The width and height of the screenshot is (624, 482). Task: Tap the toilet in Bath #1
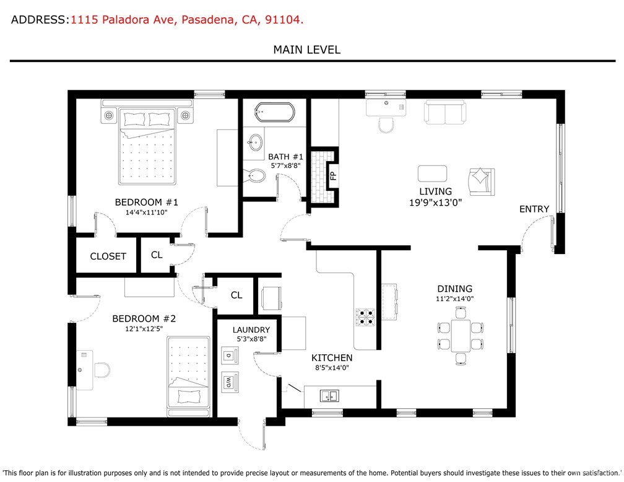[256, 177]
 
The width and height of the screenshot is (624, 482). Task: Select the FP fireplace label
[332, 175]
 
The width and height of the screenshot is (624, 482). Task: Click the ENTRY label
[534, 209]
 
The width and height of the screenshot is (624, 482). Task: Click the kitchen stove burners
[365, 317]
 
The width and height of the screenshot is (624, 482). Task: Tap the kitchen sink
[329, 395]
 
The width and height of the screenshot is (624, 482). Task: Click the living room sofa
[444, 112]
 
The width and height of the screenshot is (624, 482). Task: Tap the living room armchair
[481, 180]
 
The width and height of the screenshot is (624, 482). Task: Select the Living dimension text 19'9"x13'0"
[435, 202]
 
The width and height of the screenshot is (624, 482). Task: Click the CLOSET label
[108, 256]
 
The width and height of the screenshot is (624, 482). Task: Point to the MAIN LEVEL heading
[307, 50]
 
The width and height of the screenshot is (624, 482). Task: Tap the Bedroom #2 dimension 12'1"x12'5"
[144, 330]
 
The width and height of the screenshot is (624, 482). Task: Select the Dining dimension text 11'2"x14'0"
[454, 299]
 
